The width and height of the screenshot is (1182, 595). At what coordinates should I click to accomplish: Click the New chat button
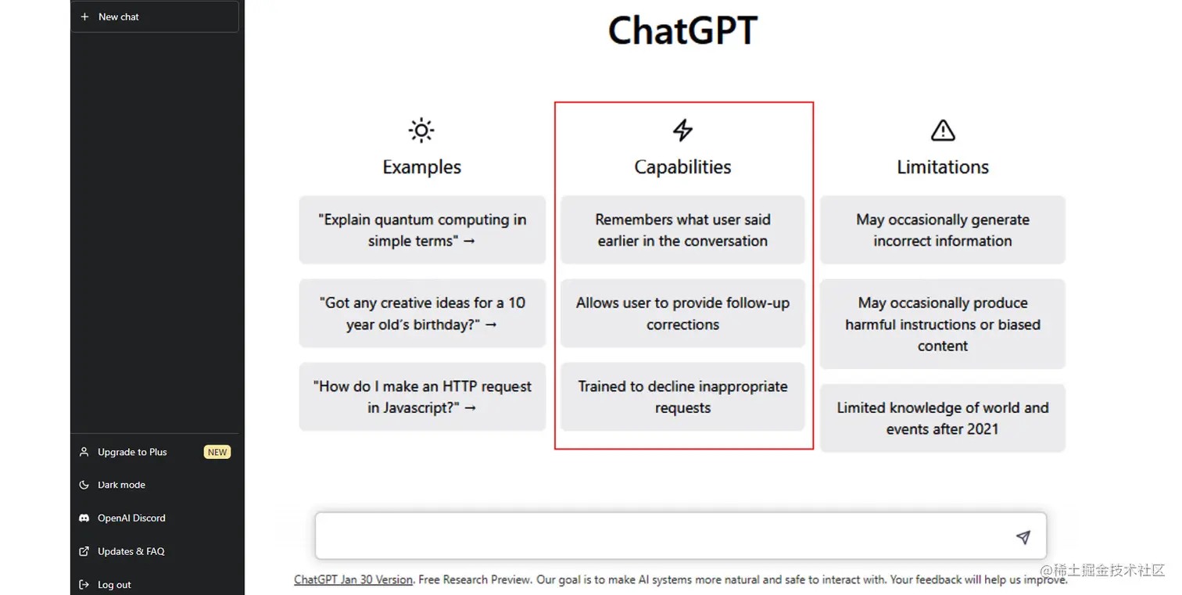pos(154,16)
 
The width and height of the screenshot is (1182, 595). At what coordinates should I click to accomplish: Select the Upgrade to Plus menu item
pos(132,452)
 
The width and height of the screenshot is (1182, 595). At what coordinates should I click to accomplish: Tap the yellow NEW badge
pos(217,452)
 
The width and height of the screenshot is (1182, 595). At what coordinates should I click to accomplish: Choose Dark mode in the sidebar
pos(121,485)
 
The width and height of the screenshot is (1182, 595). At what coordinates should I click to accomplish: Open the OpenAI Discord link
pos(131,518)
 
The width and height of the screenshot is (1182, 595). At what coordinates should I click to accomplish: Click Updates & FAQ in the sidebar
pos(131,551)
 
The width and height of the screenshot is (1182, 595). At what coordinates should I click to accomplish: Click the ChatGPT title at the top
pos(682,31)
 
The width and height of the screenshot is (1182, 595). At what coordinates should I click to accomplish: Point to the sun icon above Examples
pos(421,131)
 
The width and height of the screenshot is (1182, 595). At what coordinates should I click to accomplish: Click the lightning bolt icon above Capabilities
pos(682,131)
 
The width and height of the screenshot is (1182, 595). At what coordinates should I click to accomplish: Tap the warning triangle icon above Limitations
pos(943,131)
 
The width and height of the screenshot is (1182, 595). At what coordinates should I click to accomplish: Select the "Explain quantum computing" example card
pos(422,230)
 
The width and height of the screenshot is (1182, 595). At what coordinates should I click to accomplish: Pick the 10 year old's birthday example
pos(422,314)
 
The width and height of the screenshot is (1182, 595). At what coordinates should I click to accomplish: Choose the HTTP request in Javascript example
pos(422,396)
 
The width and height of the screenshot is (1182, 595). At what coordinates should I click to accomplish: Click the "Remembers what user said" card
pos(682,230)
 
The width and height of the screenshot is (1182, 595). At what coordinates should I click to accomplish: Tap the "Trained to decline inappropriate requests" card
pos(682,396)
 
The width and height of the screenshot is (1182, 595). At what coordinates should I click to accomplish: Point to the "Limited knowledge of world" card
pos(943,418)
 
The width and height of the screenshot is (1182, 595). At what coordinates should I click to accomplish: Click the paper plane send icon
pos(1023,537)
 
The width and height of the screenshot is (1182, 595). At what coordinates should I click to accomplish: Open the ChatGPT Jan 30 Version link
pos(353,580)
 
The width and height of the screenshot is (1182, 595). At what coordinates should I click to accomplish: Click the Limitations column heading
pos(943,167)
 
